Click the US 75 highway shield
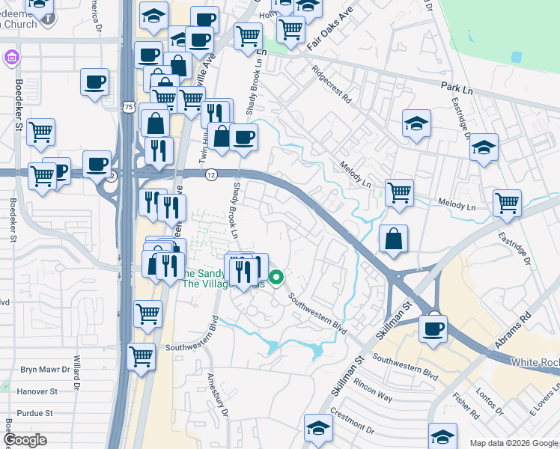click(x=130, y=107)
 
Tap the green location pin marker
click(x=276, y=278)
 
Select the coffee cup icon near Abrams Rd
click(x=432, y=329)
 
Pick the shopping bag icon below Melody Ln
click(x=393, y=240)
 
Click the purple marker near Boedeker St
click(x=10, y=57)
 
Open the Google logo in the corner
click(x=24, y=440)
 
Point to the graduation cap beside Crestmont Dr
click(x=318, y=430)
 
